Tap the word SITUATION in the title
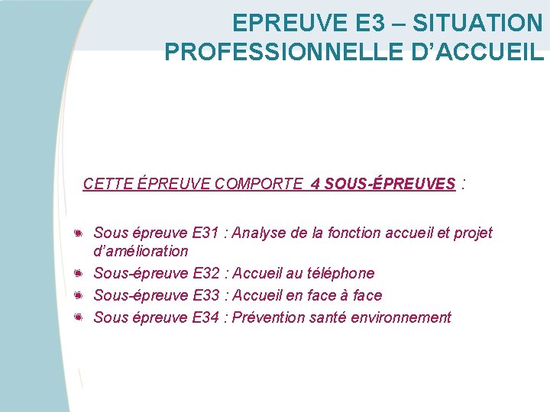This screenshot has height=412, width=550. pyautogui.click(x=478, y=23)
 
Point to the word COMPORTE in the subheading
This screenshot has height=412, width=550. pyautogui.click(x=259, y=184)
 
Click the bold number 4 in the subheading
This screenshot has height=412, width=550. pyautogui.click(x=315, y=184)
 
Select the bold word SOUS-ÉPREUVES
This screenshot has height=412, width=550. pyautogui.click(x=390, y=184)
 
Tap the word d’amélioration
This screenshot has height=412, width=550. pyautogui.click(x=141, y=251)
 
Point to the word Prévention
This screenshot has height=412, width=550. pyautogui.click(x=268, y=317)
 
